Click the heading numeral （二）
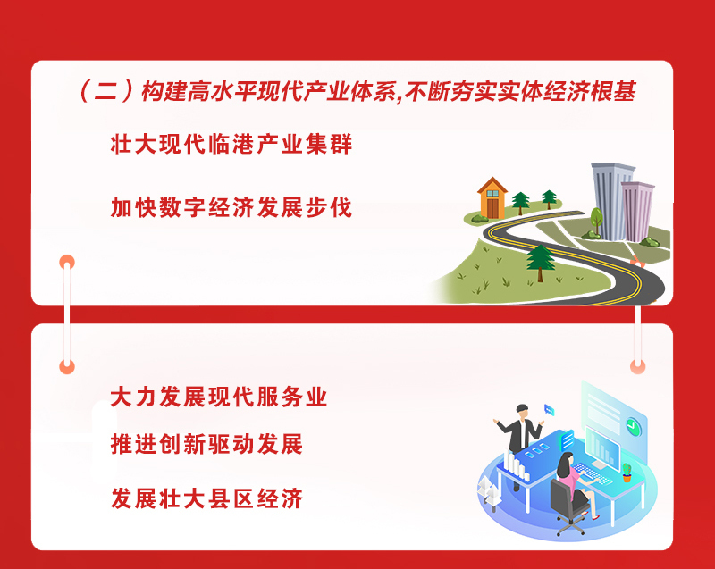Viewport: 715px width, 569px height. (x=105, y=92)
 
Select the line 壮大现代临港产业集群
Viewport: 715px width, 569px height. (x=231, y=145)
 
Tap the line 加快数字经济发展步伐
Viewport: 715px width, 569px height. (x=231, y=208)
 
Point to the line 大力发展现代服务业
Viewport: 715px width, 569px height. (x=219, y=397)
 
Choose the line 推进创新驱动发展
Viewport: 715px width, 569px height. (x=206, y=444)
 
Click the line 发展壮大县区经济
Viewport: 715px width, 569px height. (x=206, y=498)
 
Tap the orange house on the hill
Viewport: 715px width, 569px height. (x=492, y=198)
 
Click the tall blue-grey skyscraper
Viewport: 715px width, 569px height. (x=610, y=200)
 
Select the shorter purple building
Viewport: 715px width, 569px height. (x=637, y=211)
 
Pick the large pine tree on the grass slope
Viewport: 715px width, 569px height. (x=541, y=263)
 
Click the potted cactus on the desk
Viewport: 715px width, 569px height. (x=627, y=473)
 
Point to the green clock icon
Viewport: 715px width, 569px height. (x=634, y=426)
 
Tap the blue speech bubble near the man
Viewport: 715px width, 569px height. (x=549, y=410)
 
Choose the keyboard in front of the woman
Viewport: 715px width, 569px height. (x=592, y=473)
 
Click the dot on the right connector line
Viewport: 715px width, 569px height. (x=637, y=366)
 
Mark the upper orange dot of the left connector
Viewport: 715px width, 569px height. (x=67, y=262)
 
